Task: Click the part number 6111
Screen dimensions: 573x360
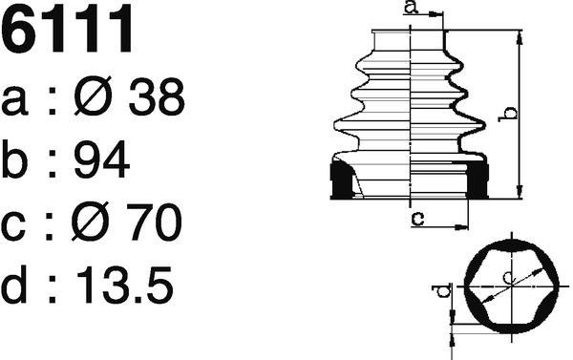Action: click(x=67, y=29)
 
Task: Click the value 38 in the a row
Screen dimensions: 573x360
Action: click(x=157, y=96)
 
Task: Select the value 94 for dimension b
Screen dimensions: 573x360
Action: click(x=101, y=159)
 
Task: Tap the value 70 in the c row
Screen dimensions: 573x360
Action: click(x=154, y=222)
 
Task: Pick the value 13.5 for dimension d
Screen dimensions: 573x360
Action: click(x=124, y=286)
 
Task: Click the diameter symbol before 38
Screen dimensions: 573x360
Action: click(x=93, y=95)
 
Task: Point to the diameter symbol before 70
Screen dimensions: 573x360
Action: click(x=91, y=222)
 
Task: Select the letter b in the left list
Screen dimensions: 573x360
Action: click(x=14, y=159)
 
